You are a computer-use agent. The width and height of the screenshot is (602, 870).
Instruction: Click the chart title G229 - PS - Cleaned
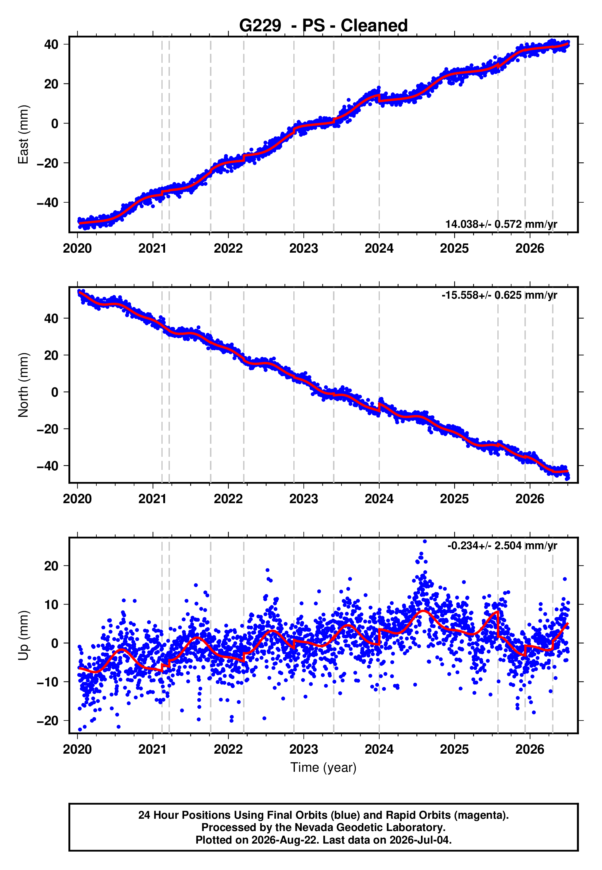pos(323,26)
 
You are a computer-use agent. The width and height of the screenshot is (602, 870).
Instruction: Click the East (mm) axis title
pos(23,134)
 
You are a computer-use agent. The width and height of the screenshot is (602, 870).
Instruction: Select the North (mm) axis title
pos(23,385)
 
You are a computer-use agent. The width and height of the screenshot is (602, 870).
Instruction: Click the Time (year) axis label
pos(323,767)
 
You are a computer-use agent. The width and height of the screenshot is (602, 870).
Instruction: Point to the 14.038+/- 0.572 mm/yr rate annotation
pos(501,224)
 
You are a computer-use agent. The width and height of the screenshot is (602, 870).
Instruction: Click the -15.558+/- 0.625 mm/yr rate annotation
pos(500,295)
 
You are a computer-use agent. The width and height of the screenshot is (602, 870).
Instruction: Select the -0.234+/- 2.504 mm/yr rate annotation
pos(502,546)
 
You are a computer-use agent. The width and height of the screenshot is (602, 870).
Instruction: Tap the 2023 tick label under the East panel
pos(304,248)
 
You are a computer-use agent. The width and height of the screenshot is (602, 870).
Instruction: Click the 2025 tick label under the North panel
pos(454,499)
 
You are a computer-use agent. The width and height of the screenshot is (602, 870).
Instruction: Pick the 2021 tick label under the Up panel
pos(153,749)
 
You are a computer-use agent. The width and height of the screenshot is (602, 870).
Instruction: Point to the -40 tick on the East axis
pos(48,203)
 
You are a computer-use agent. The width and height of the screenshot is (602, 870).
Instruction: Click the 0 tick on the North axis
pos(55,392)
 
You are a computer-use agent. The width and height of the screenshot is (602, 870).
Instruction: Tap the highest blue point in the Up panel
pos(425,542)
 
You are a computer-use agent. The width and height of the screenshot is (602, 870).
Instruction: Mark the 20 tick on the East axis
pos(52,84)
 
